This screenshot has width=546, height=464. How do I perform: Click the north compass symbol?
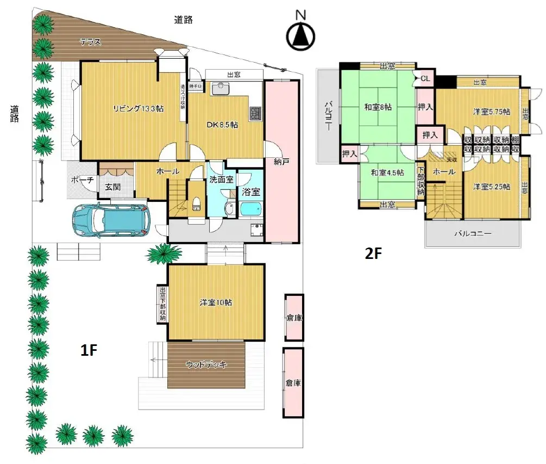300,35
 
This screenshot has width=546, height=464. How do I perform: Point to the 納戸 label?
281,161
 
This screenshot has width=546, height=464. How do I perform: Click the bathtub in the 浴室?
251,210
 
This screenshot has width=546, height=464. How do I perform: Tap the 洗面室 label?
222,179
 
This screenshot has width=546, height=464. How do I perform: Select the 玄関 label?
112,187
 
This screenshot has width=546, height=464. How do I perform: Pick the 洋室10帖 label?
216,302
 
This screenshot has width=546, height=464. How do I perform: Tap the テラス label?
90,42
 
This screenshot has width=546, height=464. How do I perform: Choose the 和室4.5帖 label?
387,172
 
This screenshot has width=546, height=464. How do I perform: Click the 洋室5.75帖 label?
491,112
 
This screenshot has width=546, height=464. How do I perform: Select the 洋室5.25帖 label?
491,187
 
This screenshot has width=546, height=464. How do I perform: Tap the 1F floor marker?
89,351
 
